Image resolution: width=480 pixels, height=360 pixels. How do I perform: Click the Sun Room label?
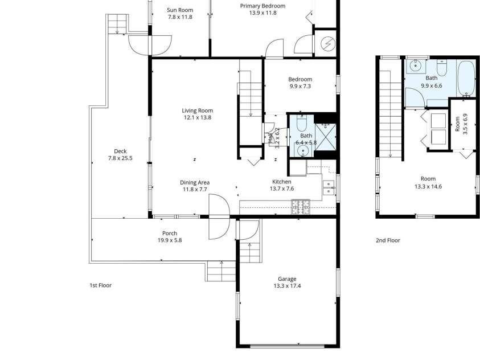(179, 10)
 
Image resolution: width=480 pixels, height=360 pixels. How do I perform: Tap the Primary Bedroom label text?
(262, 6)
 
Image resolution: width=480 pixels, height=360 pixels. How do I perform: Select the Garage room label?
(287, 279)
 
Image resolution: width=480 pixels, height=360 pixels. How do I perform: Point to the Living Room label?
(197, 111)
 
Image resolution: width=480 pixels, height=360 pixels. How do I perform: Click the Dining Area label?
(195, 182)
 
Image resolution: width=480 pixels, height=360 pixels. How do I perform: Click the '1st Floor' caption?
(100, 285)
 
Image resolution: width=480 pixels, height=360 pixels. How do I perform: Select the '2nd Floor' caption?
(387, 240)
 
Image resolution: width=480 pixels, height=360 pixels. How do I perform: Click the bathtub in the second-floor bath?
(465, 79)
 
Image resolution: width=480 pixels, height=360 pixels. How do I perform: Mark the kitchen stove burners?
(300, 206)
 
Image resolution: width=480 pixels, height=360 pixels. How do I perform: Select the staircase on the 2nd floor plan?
(391, 114)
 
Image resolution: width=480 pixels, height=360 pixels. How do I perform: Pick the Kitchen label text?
(281, 182)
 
